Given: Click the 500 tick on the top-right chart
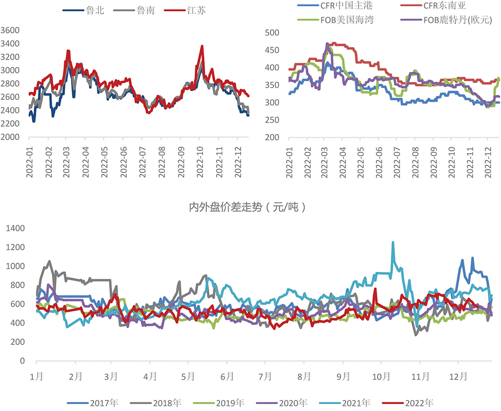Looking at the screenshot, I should pos(272,33).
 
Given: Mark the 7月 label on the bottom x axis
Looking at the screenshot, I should pos(265,377).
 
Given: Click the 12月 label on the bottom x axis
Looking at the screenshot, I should pos(458,377).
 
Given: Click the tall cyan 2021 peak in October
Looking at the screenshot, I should pos(392,242).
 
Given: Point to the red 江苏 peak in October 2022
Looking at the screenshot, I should pos(202,46).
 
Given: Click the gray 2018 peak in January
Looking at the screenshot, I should pos(49,261).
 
